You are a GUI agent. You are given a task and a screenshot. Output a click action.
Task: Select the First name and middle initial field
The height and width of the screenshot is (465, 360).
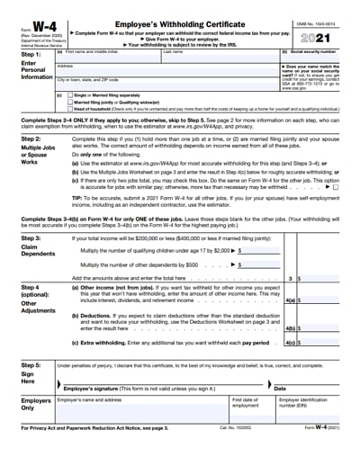pos(106,58)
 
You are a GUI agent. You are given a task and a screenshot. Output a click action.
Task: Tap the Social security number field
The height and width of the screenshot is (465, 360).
pos(311,58)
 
